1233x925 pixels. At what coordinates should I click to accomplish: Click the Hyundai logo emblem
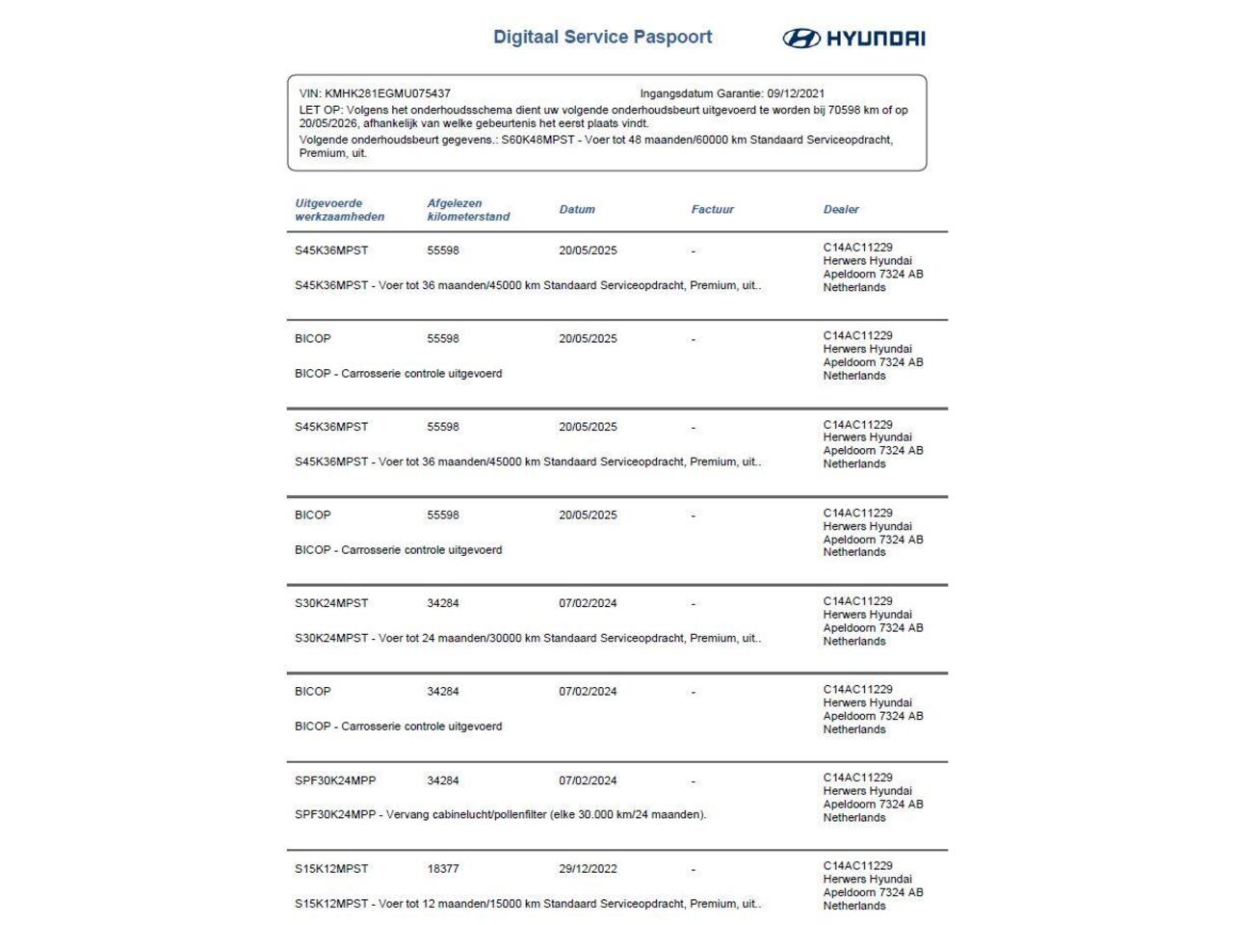coord(800,39)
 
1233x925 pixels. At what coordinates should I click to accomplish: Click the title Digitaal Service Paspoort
coord(602,38)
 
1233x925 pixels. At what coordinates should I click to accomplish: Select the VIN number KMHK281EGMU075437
coord(387,94)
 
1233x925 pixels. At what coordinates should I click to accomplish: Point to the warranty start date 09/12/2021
coord(796,94)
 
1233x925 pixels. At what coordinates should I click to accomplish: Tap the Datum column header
coord(577,209)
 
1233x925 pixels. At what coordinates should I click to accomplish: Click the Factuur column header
coord(712,209)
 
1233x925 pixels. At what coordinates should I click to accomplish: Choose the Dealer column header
coord(841,209)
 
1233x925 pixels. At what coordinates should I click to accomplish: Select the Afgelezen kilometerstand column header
coord(468,210)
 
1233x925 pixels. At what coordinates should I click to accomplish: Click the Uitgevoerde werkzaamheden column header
coord(339,210)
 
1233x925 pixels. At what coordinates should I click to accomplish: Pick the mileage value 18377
coord(443,869)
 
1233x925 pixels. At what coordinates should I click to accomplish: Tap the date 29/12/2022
coord(588,869)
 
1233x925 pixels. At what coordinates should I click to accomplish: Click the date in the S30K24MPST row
coord(588,604)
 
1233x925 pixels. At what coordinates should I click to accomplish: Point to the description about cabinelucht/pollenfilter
coord(500,815)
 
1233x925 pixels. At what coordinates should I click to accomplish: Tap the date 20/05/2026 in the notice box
coord(328,123)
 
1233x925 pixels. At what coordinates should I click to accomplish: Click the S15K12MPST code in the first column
coord(331,869)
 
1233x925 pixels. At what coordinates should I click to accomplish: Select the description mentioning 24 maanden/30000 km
coord(528,639)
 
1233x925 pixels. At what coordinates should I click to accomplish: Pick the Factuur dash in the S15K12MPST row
coord(693,870)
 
